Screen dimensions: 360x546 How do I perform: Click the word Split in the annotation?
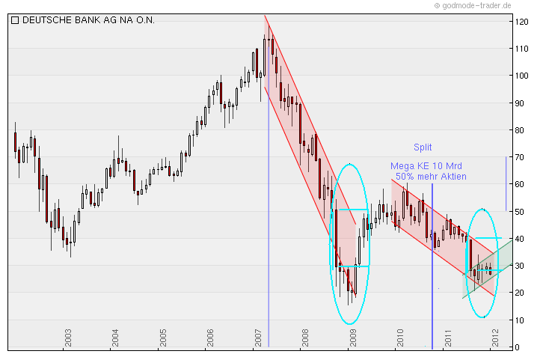(x=423, y=147)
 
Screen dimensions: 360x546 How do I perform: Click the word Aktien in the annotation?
(x=452, y=177)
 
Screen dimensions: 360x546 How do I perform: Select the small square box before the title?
(x=15, y=20)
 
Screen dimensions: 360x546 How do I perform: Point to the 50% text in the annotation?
(x=405, y=177)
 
